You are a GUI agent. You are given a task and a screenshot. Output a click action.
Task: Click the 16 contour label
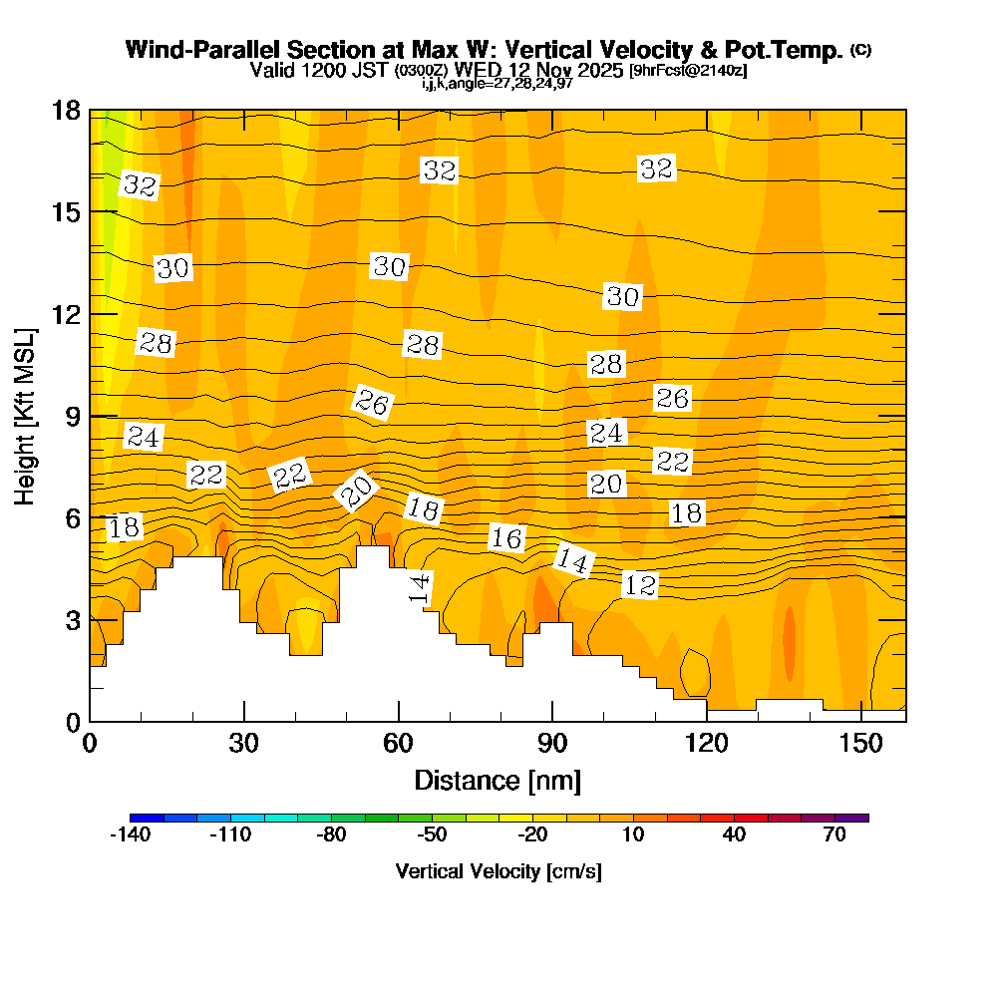506,538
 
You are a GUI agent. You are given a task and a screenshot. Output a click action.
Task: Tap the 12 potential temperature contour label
640,585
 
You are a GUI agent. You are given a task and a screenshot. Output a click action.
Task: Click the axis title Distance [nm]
498,780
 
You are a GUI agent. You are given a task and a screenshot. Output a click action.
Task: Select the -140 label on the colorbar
129,835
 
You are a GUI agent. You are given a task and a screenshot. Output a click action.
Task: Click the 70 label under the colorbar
835,835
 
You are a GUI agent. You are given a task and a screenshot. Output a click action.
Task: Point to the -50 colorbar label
432,835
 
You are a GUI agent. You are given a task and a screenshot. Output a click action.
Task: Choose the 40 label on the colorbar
735,835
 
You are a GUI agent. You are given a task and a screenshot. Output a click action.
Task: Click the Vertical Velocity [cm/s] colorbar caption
498,871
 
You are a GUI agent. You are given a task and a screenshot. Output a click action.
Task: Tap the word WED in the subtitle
476,71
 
